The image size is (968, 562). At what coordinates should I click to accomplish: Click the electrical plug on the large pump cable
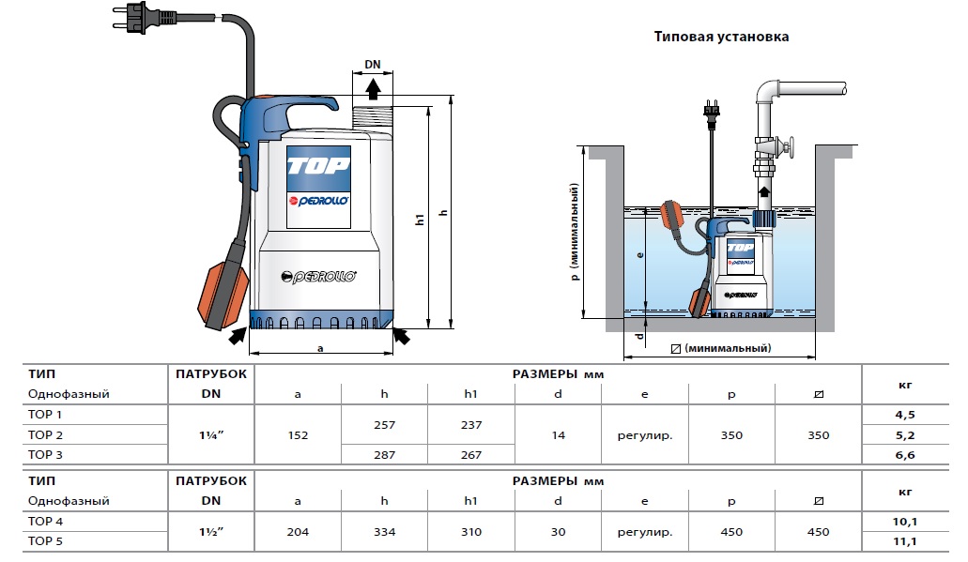pyautogui.click(x=146, y=18)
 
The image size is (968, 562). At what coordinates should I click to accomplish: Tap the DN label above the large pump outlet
pyautogui.click(x=372, y=64)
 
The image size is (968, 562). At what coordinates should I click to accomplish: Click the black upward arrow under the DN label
pyautogui.click(x=372, y=89)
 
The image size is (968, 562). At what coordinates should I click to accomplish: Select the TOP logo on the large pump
pyautogui.click(x=318, y=165)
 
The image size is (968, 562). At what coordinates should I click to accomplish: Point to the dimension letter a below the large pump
pyautogui.click(x=320, y=348)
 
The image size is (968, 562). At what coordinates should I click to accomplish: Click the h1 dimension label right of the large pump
pyautogui.click(x=420, y=219)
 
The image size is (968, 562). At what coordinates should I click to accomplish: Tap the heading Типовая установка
pyautogui.click(x=721, y=37)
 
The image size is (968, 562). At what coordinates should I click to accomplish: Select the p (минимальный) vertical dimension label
pyautogui.click(x=575, y=232)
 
